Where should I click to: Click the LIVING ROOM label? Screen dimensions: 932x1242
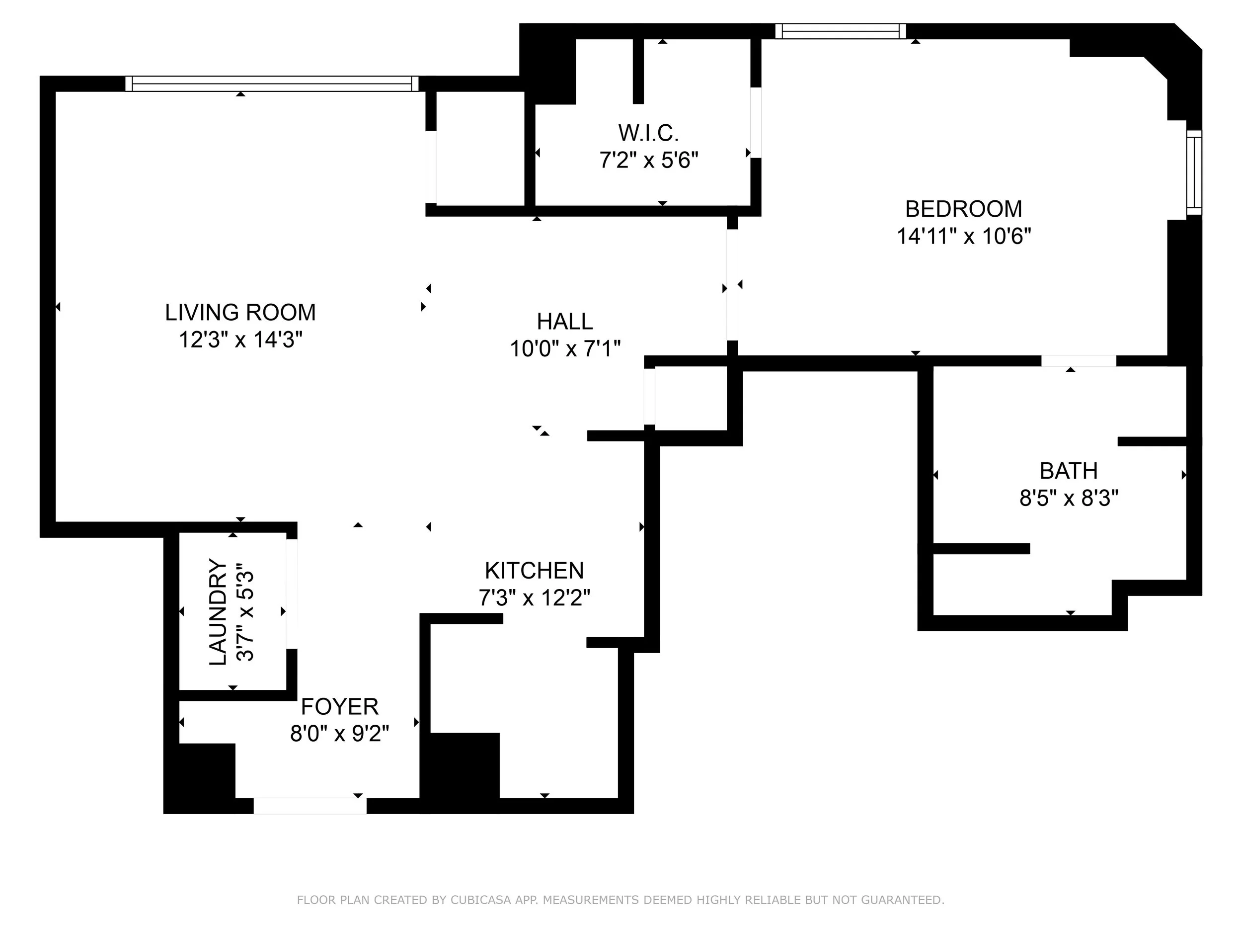(x=240, y=312)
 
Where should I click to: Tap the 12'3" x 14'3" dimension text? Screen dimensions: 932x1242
(x=240, y=340)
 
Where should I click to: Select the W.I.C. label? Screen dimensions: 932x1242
(x=648, y=133)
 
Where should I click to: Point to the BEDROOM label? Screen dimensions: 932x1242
(x=963, y=209)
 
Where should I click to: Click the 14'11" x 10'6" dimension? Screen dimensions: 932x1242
(x=963, y=237)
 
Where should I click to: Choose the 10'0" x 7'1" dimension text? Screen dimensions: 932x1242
(x=564, y=349)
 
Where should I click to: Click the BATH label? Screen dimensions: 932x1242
(x=1069, y=471)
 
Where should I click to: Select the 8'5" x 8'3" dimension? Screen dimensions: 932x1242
(x=1069, y=498)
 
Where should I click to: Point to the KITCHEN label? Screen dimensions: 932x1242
(x=534, y=571)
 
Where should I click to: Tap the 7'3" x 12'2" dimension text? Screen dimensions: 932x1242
(x=534, y=598)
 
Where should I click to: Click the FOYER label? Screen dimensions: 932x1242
(x=339, y=706)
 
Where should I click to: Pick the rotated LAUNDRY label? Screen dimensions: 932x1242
(x=218, y=612)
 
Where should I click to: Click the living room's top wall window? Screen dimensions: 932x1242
(x=272, y=84)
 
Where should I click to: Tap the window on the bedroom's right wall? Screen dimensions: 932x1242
(x=1194, y=172)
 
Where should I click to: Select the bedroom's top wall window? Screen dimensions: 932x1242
(x=841, y=31)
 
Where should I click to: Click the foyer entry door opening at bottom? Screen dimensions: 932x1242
(x=310, y=806)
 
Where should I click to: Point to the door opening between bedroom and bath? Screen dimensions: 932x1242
(x=1078, y=361)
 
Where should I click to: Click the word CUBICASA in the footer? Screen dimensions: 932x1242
(x=480, y=900)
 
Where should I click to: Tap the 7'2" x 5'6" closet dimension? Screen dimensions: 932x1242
(x=648, y=161)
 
